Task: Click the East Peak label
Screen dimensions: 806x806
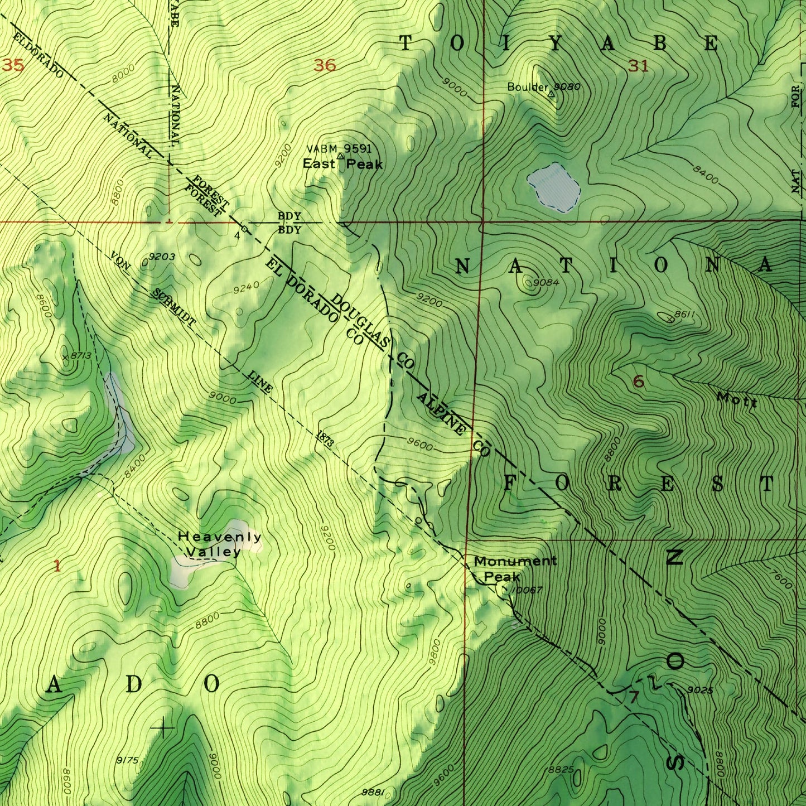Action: (342, 164)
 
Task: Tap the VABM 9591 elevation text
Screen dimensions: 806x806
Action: (339, 149)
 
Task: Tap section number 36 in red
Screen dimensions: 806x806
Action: (325, 66)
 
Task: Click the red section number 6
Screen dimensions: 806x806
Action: (639, 382)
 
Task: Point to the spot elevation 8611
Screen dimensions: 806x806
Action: (683, 315)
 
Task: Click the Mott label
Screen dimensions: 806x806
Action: (736, 399)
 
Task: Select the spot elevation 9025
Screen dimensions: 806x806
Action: (700, 691)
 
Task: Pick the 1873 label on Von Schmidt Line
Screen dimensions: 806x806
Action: (325, 439)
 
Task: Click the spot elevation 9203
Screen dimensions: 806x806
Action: (162, 257)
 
